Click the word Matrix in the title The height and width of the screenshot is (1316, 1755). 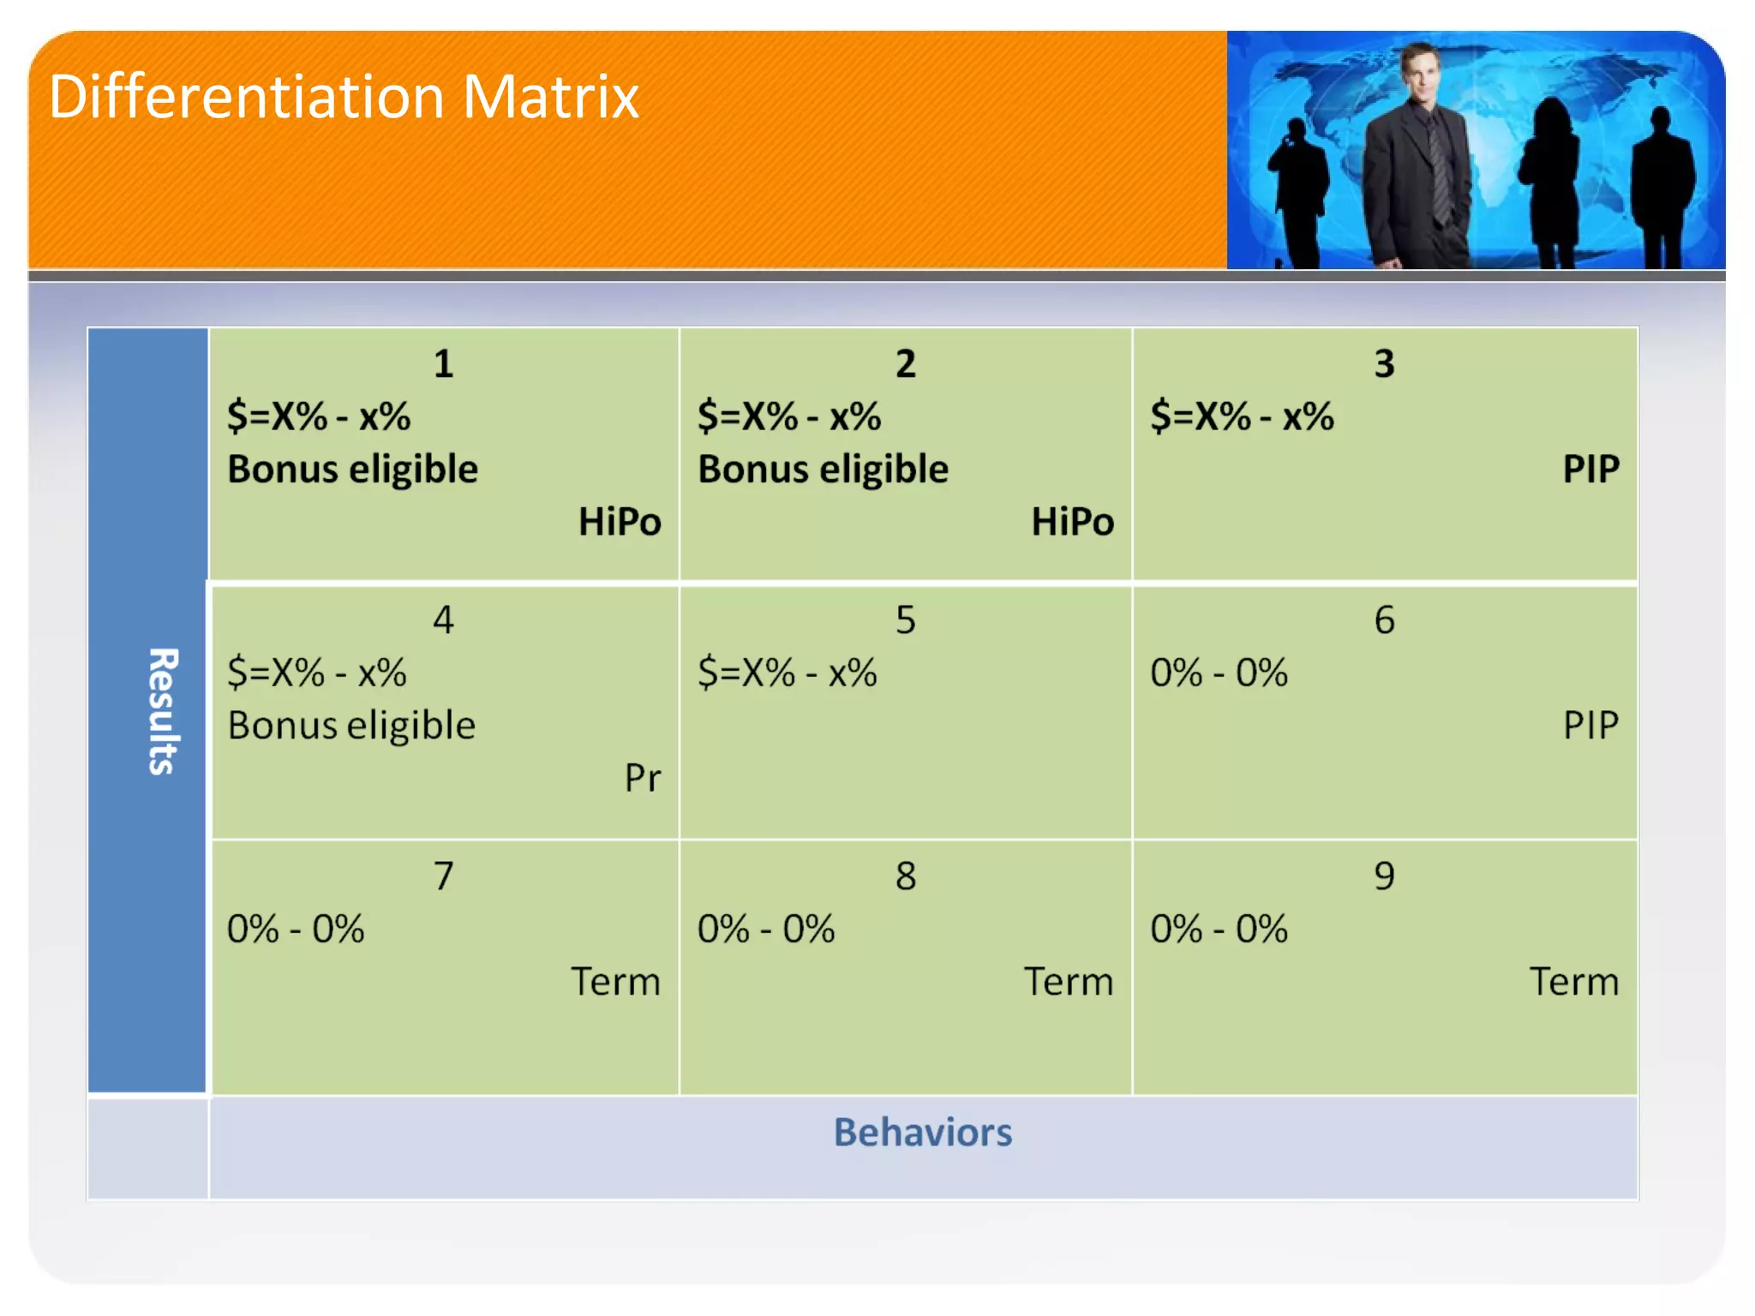pyautogui.click(x=551, y=97)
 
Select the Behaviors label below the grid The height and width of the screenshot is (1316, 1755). pyautogui.click(x=922, y=1133)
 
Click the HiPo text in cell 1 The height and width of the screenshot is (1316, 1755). pyautogui.click(x=619, y=522)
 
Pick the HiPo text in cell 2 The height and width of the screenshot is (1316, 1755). pyautogui.click(x=1072, y=522)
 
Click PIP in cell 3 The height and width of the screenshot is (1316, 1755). pyautogui.click(x=1590, y=470)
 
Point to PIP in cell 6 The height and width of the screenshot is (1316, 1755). pyautogui.click(x=1590, y=726)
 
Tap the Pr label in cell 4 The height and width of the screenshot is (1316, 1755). pyautogui.click(x=642, y=778)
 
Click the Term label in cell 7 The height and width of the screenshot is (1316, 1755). pyautogui.click(x=615, y=982)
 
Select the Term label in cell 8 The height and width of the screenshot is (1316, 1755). pyautogui.click(x=1069, y=982)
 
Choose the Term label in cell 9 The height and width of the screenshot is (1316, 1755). pyautogui.click(x=1574, y=982)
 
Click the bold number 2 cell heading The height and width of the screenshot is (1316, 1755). pyautogui.click(x=906, y=364)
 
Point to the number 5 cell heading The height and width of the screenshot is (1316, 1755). pyautogui.click(x=906, y=620)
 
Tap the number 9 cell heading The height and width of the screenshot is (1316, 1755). pyautogui.click(x=1384, y=876)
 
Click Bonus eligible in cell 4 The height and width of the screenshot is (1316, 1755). pyautogui.click(x=351, y=726)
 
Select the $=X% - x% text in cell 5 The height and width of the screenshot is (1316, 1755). pyautogui.click(x=787, y=673)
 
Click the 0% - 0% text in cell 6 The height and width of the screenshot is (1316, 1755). pyautogui.click(x=1219, y=673)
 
